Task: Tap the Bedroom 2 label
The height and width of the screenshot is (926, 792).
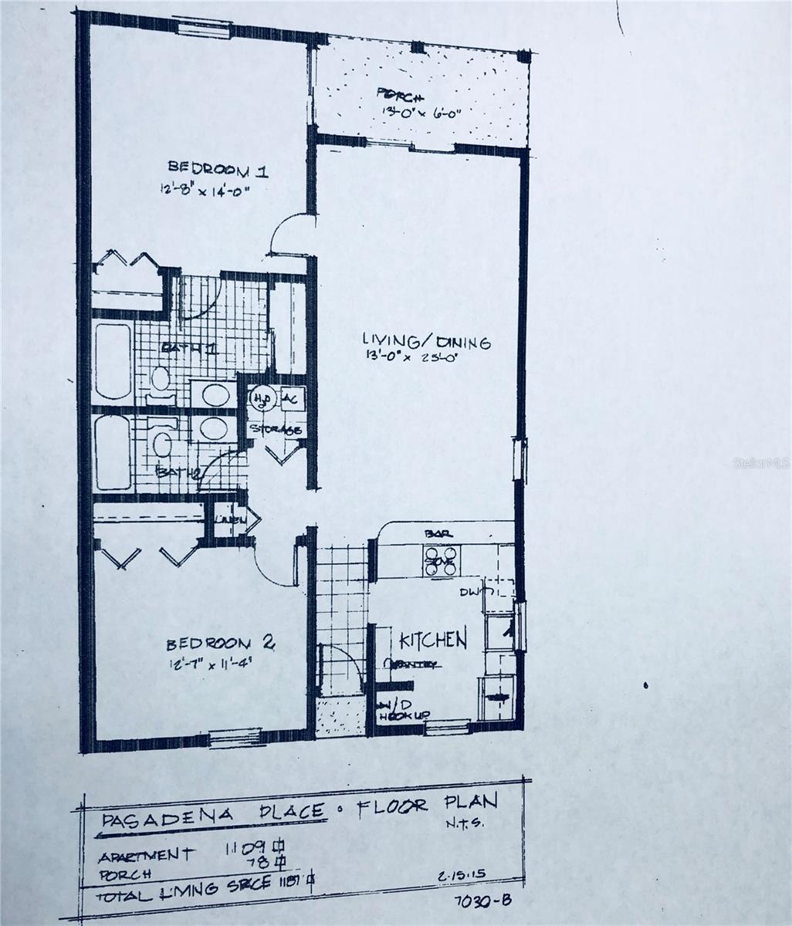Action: pyautogui.click(x=210, y=644)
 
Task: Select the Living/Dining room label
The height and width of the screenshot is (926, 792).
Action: pyautogui.click(x=427, y=341)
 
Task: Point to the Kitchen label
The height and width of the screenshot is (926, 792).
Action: pyautogui.click(x=432, y=640)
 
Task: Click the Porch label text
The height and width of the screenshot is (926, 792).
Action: pyautogui.click(x=401, y=96)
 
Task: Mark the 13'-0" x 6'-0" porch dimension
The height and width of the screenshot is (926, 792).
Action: pyautogui.click(x=421, y=113)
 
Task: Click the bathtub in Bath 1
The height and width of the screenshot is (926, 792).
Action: pyautogui.click(x=113, y=361)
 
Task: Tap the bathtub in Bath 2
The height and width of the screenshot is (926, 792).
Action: pyautogui.click(x=113, y=452)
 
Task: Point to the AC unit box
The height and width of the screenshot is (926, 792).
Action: pyautogui.click(x=291, y=399)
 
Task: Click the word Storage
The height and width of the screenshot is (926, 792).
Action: pyautogui.click(x=275, y=430)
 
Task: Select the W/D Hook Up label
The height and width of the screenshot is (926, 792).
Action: pyautogui.click(x=401, y=711)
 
